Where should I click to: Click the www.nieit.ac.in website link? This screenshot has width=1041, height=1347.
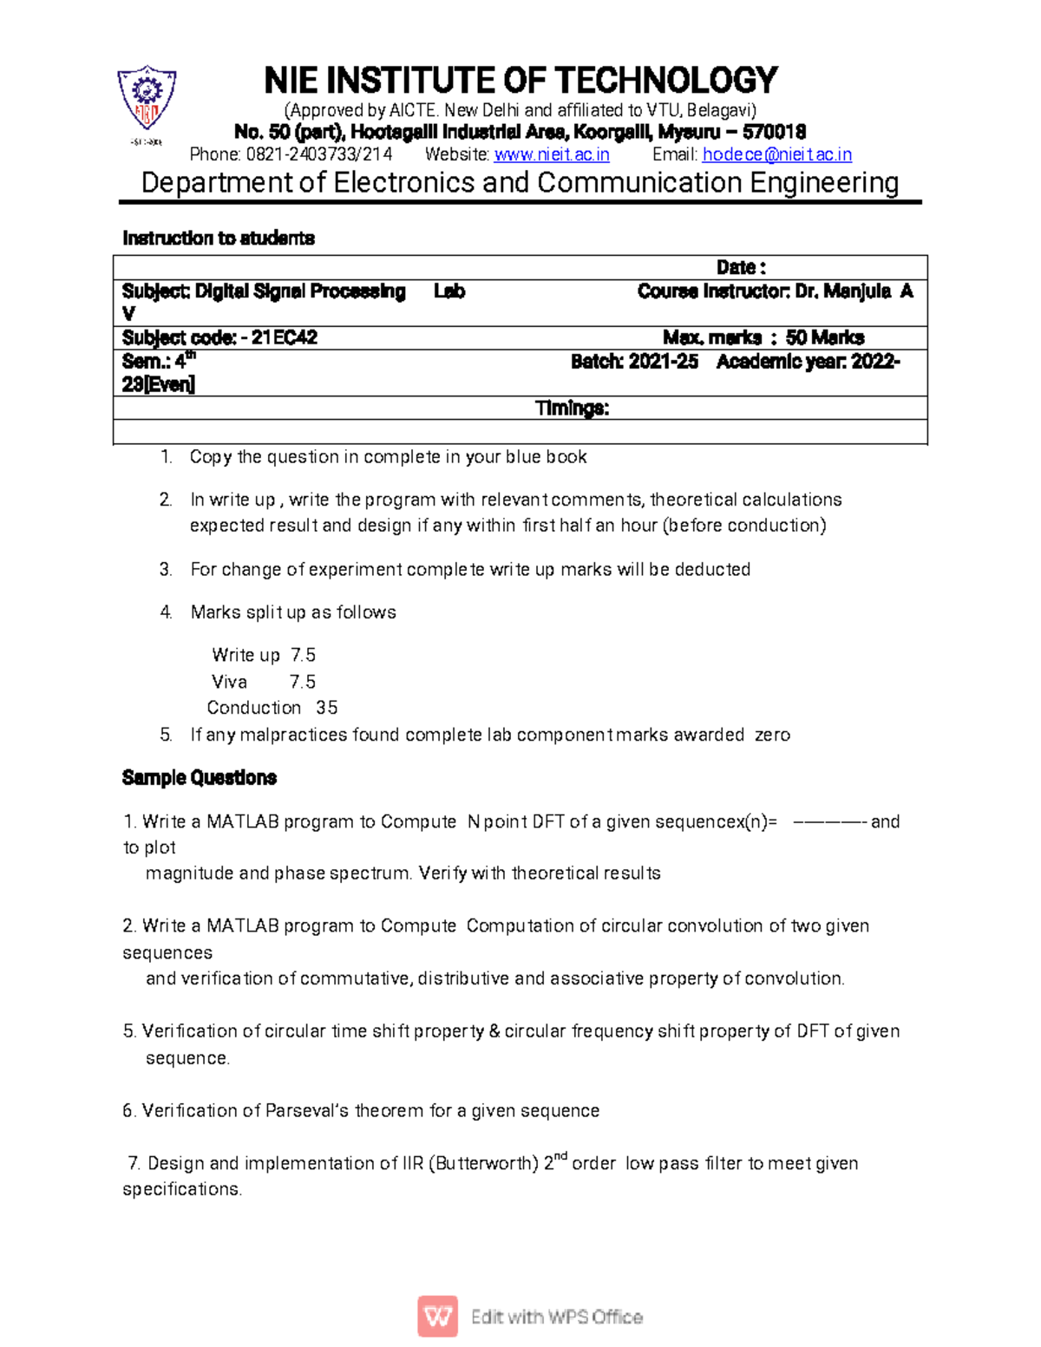552,154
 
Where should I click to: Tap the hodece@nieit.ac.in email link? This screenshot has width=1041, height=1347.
776,154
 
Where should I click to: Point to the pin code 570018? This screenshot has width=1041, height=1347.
774,132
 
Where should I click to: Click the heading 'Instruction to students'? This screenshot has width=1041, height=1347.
219,238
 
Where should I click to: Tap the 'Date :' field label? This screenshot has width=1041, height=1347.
740,267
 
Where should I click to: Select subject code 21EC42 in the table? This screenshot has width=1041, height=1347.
284,337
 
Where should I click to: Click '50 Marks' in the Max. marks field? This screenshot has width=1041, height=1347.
824,337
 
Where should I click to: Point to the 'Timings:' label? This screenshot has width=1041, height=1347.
572,408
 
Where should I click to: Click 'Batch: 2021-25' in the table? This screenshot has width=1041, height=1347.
634,362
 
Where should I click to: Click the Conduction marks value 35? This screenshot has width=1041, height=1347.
327,708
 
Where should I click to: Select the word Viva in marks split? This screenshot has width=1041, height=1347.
230,682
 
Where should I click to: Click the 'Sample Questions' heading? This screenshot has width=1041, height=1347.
200,777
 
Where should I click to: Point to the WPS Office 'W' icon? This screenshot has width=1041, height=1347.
438,1317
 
